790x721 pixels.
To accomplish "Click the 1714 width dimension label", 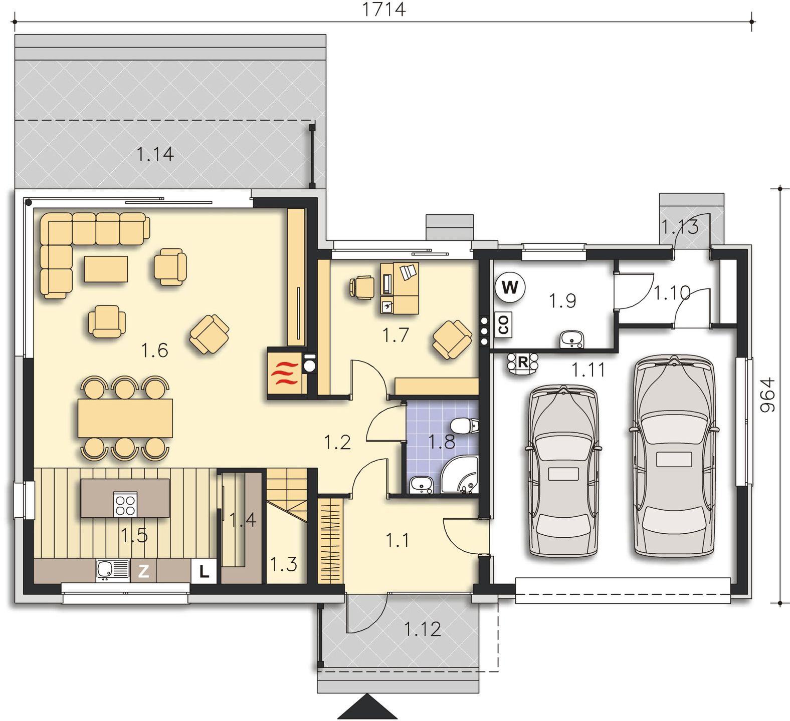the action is coord(383,9).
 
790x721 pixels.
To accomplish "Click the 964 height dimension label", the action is coord(767,395).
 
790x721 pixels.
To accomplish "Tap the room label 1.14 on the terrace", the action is coord(155,154).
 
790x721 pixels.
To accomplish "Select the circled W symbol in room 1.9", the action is coord(510,288).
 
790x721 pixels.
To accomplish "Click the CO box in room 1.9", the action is coord(503,324).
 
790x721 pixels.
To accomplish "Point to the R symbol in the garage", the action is coord(522,362).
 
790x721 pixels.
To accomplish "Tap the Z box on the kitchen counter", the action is coord(143,571).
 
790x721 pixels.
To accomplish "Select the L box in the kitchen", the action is coord(204,571).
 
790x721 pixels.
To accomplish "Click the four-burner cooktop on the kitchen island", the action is coord(125,504).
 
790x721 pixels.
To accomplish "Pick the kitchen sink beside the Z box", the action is coord(113,571).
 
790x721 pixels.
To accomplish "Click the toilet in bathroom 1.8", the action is coord(465,426).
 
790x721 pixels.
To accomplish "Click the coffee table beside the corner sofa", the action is coord(106,269).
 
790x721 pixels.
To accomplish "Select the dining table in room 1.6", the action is coord(125,418).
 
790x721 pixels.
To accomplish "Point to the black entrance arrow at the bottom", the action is coord(368,707).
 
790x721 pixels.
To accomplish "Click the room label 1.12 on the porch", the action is coord(423,629).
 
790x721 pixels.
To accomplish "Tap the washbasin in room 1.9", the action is coord(572,339).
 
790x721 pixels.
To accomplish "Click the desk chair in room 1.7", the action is coord(362,288).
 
